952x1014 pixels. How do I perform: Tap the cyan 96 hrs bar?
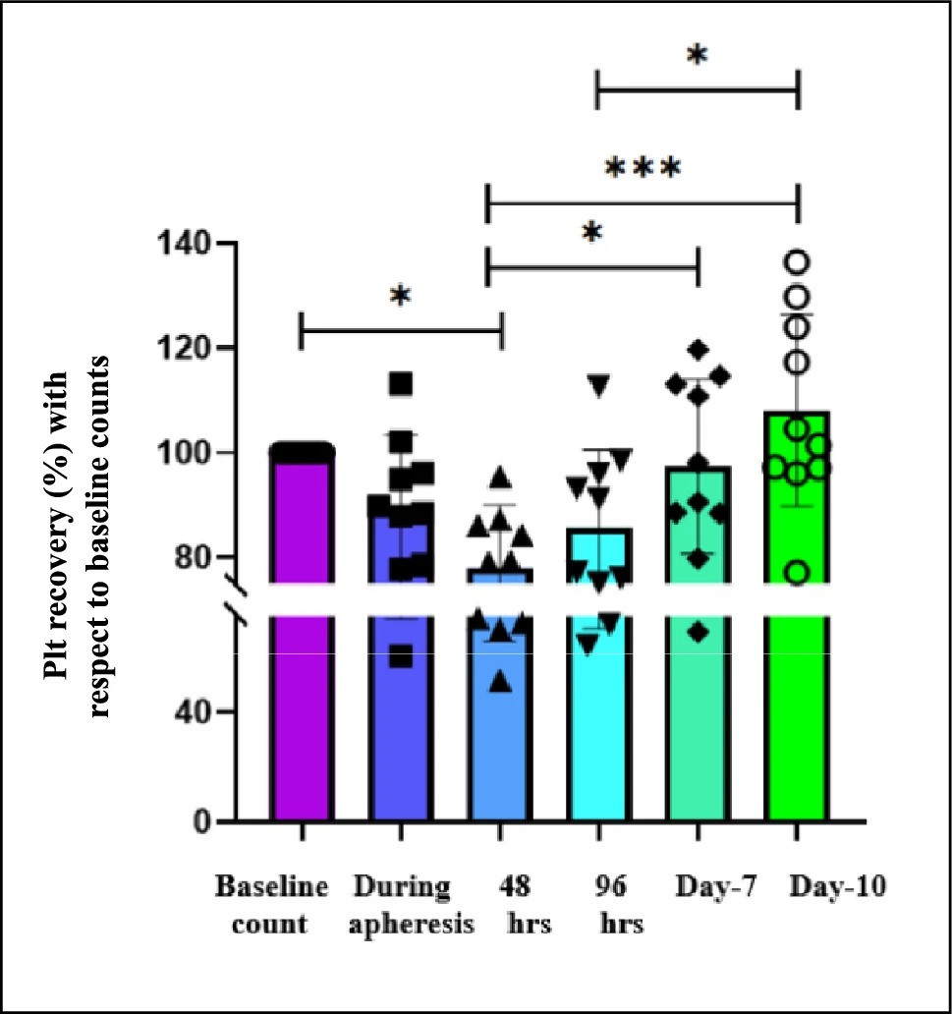point(599,675)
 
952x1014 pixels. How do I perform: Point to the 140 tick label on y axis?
point(184,244)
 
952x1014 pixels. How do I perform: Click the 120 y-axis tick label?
point(184,348)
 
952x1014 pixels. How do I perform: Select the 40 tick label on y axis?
point(193,712)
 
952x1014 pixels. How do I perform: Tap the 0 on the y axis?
point(201,821)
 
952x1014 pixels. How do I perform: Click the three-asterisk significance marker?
point(643,169)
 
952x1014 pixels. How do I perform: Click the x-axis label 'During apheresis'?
point(411,905)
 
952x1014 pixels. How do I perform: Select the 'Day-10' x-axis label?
point(837,886)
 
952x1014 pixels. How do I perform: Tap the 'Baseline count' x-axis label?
point(271,905)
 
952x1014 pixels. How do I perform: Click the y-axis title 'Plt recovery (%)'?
point(56,525)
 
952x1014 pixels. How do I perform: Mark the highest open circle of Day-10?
point(797,262)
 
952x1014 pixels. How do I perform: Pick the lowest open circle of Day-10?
point(798,573)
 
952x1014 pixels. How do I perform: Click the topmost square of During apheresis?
point(401,383)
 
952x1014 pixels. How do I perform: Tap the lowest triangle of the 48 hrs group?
point(501,682)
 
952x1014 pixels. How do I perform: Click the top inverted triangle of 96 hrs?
point(599,385)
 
